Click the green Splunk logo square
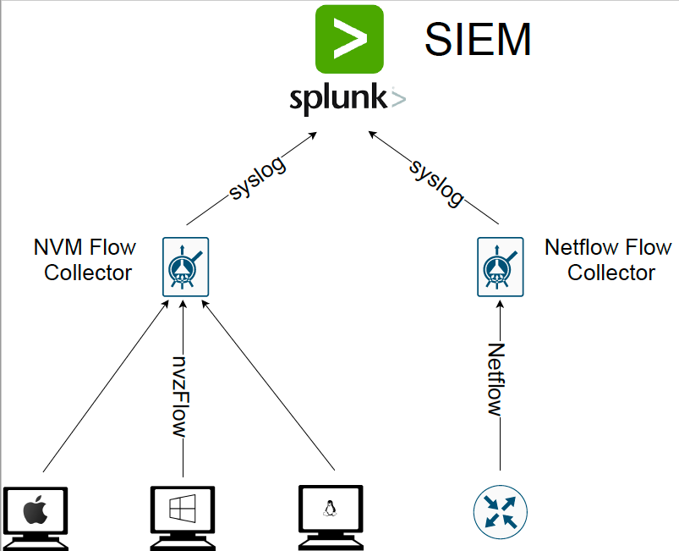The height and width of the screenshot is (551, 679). pos(349,40)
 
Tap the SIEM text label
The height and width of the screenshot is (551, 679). pos(478,40)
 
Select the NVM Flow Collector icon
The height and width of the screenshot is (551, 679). pos(186,267)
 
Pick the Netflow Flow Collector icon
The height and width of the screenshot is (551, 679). pos(500,267)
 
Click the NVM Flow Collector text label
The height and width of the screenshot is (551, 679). pos(85,260)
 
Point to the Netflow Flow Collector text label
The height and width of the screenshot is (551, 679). pos(609,260)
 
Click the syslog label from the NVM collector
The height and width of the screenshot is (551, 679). pos(258,179)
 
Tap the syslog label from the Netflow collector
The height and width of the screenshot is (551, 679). pos(436,183)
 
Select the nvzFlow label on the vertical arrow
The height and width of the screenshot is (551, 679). pos(180,396)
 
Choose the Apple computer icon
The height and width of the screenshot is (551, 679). pos(36,519)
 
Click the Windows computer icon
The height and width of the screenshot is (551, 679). pos(183,519)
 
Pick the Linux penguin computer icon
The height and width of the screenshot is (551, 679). pos(331,518)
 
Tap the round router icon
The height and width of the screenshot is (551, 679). pos(501,512)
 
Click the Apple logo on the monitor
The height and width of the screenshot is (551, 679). pos(36,510)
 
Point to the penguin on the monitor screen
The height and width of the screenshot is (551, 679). pos(330,509)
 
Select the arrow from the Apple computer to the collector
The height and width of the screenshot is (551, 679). pos(105,387)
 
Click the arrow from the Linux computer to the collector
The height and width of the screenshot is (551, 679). pos(269,386)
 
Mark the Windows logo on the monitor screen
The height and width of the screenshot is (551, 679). pos(183,508)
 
